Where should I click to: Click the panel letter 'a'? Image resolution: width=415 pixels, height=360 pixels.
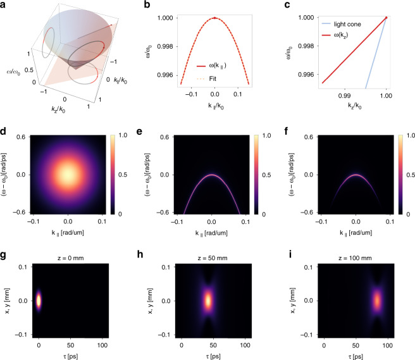click(4, 4)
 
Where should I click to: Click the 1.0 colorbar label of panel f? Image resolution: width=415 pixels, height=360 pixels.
click(407, 137)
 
